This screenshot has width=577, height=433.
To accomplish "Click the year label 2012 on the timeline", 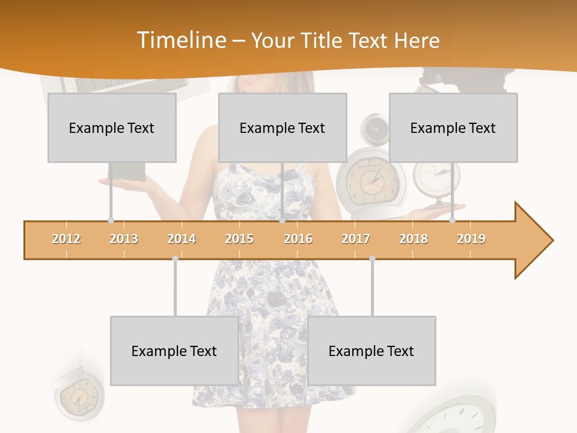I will [x=66, y=239].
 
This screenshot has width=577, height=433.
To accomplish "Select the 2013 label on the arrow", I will [x=124, y=239].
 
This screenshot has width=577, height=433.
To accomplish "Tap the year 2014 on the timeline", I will [x=182, y=239].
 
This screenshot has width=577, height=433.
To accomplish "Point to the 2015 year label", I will [x=239, y=239].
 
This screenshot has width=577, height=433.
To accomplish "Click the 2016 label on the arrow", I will [x=298, y=239].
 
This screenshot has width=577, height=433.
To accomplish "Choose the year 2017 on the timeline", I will [x=356, y=239].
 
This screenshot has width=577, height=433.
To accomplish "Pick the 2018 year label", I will [x=414, y=239].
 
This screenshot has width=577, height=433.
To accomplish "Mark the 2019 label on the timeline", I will [x=471, y=239].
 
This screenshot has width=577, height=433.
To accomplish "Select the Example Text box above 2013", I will [x=112, y=127].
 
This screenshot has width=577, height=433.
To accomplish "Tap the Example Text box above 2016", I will [x=282, y=127].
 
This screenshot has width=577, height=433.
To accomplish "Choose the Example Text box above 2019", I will [x=453, y=127].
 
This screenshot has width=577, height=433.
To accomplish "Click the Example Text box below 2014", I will [x=174, y=351].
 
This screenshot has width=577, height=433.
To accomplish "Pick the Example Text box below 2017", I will [x=371, y=351].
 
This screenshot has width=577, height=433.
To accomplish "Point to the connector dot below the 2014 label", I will [x=175, y=258].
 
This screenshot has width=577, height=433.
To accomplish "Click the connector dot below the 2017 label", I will [x=372, y=258].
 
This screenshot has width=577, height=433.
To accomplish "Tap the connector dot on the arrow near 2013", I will [x=111, y=220].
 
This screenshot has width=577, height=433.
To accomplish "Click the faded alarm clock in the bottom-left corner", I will [x=78, y=394].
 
